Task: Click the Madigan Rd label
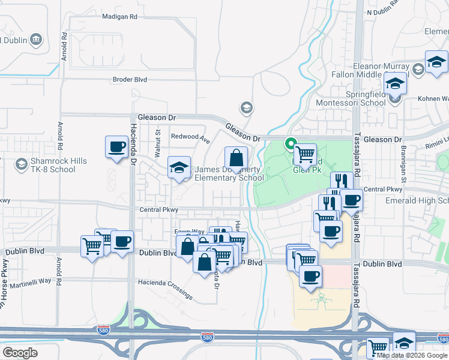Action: [120, 17]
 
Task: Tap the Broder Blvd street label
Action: [130, 79]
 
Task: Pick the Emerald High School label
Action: [418, 200]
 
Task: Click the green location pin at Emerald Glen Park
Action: [291, 144]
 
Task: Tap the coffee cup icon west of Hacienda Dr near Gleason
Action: [116, 146]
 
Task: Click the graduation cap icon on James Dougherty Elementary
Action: [179, 167]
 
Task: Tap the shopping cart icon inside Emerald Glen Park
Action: [306, 154]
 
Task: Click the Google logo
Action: [20, 353]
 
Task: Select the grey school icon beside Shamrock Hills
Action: [21, 164]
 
